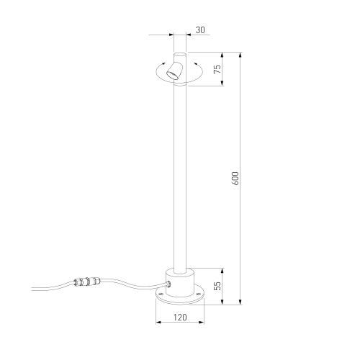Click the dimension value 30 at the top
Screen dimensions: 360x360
pyautogui.click(x=200, y=30)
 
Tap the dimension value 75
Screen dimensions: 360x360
pyautogui.click(x=217, y=69)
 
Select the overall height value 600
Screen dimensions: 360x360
pyautogui.click(x=235, y=178)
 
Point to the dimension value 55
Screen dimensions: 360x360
pyautogui.click(x=217, y=285)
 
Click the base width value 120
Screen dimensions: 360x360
pyautogui.click(x=180, y=318)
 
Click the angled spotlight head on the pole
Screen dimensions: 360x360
pyautogui.click(x=175, y=71)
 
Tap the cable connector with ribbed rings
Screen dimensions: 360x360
pyautogui.click(x=87, y=281)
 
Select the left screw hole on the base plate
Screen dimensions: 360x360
pyautogui.click(x=161, y=294)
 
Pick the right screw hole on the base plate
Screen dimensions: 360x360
pyautogui.click(x=197, y=294)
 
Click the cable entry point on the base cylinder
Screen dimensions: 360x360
pyautogui.click(x=168, y=284)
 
